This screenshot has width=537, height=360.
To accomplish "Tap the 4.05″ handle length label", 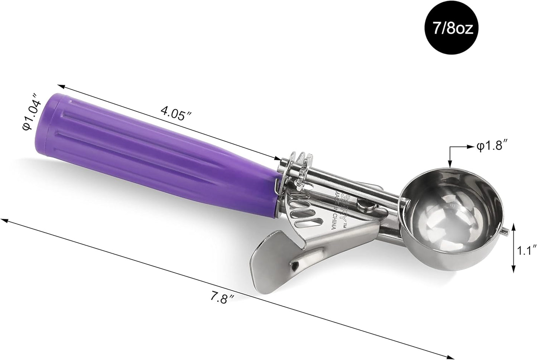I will tap(173, 113).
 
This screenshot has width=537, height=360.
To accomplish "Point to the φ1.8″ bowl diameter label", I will tap(492, 146).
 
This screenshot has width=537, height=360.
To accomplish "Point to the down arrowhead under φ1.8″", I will tap(450, 163).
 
